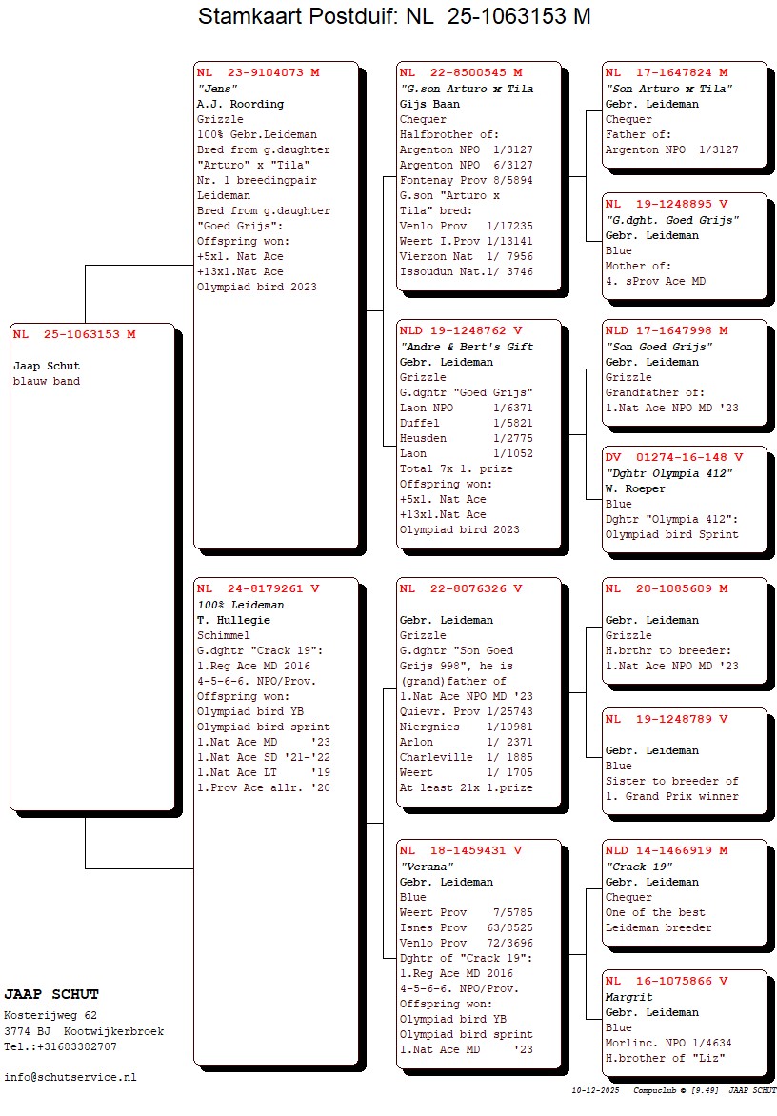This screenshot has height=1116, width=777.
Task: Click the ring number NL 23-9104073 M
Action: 258,72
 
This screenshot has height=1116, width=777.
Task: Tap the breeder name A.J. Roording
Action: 240,104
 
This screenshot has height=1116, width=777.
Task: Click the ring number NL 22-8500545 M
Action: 461,72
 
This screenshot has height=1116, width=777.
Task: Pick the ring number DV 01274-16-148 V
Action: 673,458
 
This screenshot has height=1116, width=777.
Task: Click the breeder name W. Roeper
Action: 635,488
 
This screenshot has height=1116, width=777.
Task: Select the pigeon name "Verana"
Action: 426,867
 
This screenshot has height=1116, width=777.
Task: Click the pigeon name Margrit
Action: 628,997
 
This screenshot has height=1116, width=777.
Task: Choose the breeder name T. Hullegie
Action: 233,620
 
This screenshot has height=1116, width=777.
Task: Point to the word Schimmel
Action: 224,635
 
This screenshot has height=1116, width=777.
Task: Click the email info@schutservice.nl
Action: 70,1077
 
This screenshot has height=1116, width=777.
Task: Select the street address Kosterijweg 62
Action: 50,1015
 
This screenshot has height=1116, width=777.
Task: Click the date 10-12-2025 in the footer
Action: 589,1089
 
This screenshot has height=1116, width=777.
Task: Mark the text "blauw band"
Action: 47,381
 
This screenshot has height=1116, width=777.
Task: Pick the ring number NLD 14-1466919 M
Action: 666,850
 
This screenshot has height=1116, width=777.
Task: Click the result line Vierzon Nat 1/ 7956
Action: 466,256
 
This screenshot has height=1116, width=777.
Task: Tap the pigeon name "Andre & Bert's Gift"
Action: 466,347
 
